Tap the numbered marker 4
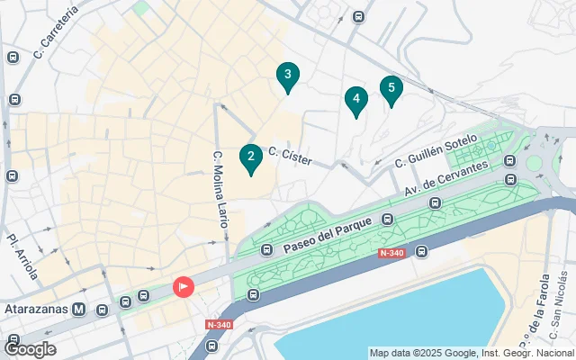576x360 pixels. coord(356,100)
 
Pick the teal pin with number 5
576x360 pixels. coord(391,89)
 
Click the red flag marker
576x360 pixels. coord(183,287)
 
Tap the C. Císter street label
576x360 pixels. coord(291,156)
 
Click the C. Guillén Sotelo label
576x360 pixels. coord(435,150)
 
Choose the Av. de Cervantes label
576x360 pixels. coord(446,178)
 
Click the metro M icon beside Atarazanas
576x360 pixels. coord(80,310)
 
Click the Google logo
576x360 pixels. coord(29,349)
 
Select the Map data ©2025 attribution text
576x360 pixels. coord(472,353)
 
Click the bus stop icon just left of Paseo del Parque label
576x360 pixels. coord(266,249)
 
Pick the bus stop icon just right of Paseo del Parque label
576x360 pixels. coord(387,219)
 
